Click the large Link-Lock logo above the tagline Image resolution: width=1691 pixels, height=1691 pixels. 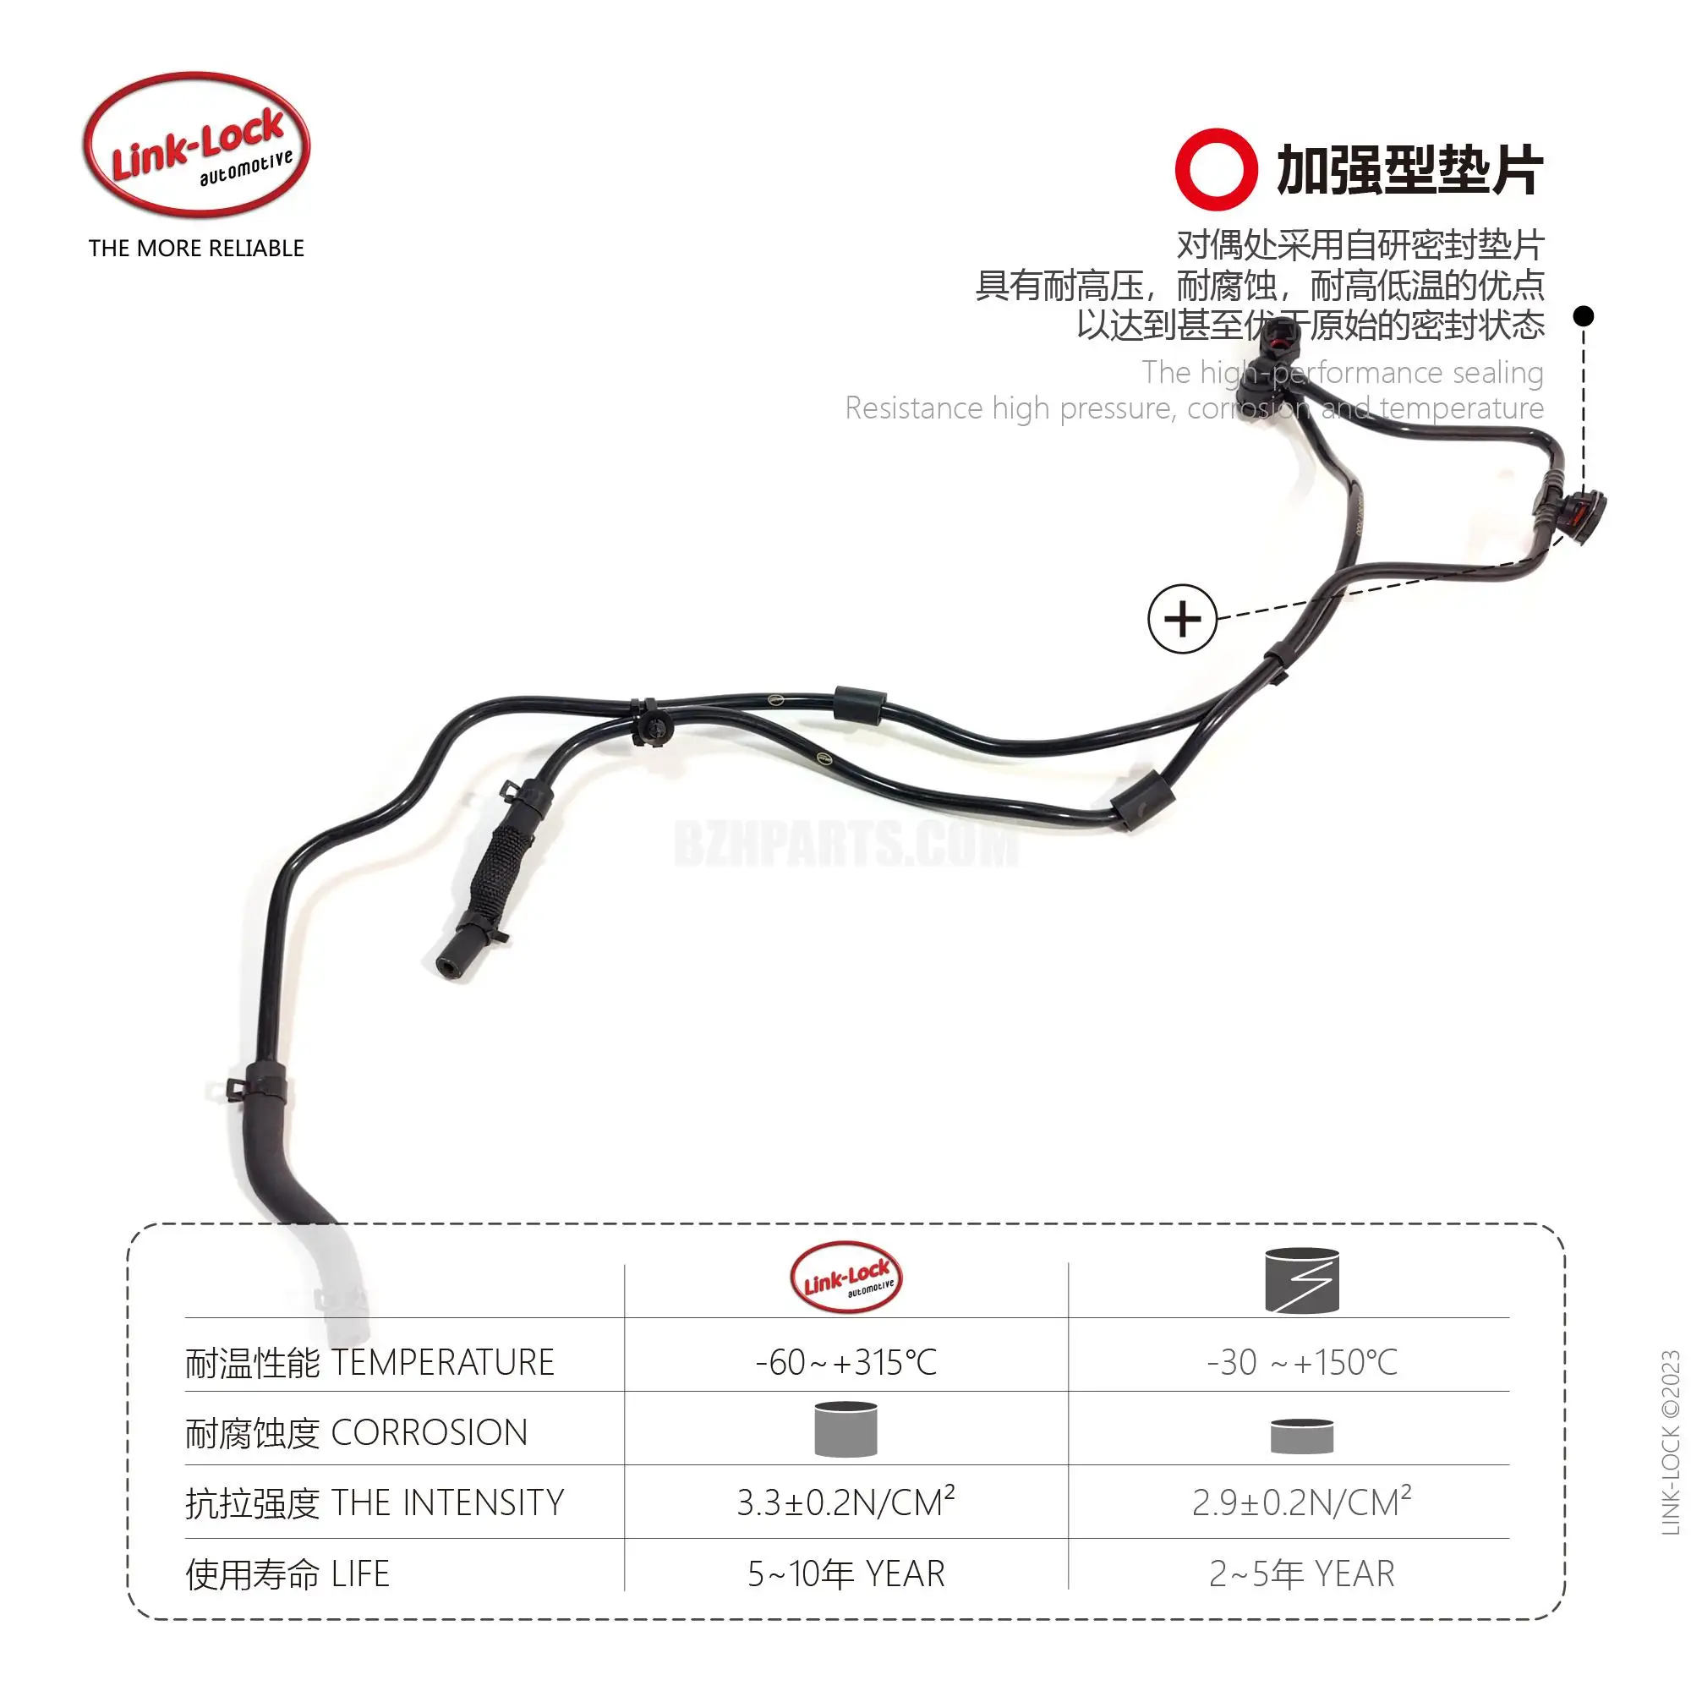[x=197, y=145]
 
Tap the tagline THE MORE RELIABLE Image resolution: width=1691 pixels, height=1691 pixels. [x=196, y=249]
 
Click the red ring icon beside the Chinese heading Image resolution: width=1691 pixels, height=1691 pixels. [x=1216, y=170]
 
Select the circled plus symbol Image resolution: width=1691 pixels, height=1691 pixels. [x=1182, y=619]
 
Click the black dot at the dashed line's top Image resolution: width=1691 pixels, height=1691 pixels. [x=1583, y=316]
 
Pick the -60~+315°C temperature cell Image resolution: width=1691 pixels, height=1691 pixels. [x=845, y=1363]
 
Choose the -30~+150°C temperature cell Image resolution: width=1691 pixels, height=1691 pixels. [x=1301, y=1363]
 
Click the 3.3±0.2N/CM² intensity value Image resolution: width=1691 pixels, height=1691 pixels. [x=845, y=1502]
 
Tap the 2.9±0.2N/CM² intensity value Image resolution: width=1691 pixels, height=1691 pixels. [x=1301, y=1502]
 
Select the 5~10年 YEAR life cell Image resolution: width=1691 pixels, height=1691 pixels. [x=845, y=1573]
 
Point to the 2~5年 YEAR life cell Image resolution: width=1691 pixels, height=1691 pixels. [x=1301, y=1573]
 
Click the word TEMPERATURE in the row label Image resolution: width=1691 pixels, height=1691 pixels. [x=443, y=1363]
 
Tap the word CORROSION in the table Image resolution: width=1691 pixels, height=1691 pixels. [x=429, y=1433]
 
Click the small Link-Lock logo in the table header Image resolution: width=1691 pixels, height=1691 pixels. [x=845, y=1278]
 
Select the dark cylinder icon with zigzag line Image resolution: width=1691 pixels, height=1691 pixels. [x=1301, y=1280]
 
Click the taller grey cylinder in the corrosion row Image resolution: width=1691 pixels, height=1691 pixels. [x=845, y=1431]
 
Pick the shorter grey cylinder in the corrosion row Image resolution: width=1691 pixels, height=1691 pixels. [x=1301, y=1437]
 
